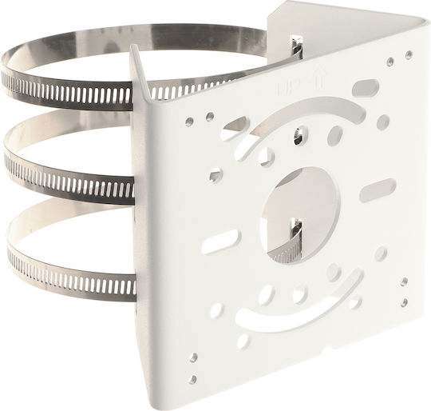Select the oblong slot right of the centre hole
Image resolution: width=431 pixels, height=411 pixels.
pyautogui.click(x=378, y=188)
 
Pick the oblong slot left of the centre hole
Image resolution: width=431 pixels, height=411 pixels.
pyautogui.click(x=221, y=241)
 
